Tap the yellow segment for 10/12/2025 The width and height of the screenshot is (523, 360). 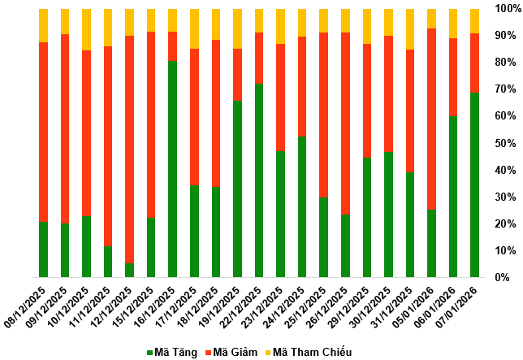pyautogui.click(x=87, y=30)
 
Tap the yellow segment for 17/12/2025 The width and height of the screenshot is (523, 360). pyautogui.click(x=195, y=29)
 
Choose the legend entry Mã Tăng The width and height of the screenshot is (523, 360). pyautogui.click(x=174, y=352)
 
